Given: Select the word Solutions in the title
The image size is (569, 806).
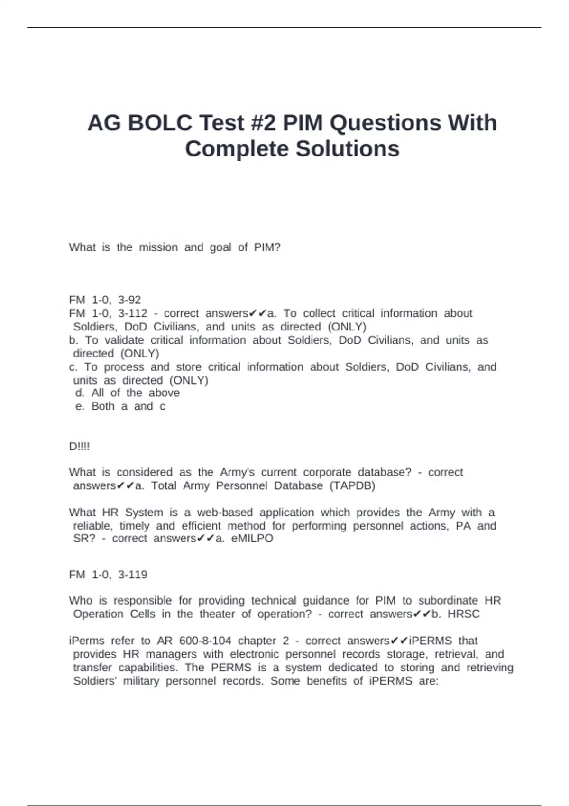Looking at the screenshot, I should click(348, 149).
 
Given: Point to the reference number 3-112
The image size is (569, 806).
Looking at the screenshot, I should click(132, 313).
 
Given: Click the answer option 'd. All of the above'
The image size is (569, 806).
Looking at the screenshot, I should click(128, 393).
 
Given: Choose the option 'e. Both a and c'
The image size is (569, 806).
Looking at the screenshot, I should click(120, 406).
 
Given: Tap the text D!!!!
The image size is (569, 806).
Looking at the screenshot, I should click(79, 447).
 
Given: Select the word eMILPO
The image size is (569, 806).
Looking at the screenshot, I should click(252, 539).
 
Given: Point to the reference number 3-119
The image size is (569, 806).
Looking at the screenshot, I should click(132, 575).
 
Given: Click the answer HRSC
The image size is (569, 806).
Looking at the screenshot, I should click(463, 614).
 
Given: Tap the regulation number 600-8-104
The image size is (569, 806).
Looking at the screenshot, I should click(205, 641).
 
